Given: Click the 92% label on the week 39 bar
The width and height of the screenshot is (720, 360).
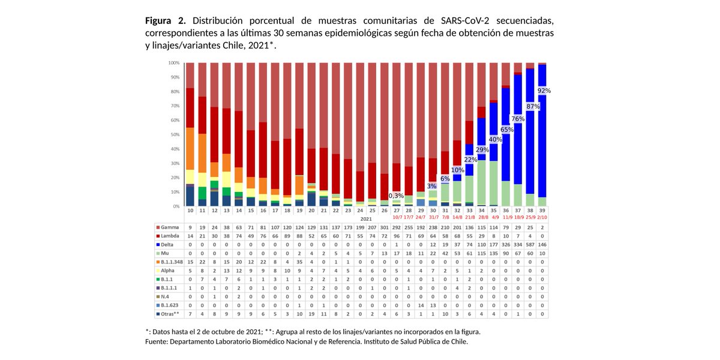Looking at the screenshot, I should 544,91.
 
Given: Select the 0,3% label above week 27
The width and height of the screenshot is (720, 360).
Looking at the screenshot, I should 396,196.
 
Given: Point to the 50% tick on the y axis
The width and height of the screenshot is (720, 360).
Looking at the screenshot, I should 174,134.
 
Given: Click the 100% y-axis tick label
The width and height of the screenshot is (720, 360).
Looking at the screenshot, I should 173,63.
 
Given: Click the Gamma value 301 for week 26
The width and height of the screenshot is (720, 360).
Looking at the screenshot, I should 384,228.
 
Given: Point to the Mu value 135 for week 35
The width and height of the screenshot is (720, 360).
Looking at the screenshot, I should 494,254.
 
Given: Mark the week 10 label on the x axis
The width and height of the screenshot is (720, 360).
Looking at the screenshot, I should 190,211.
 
